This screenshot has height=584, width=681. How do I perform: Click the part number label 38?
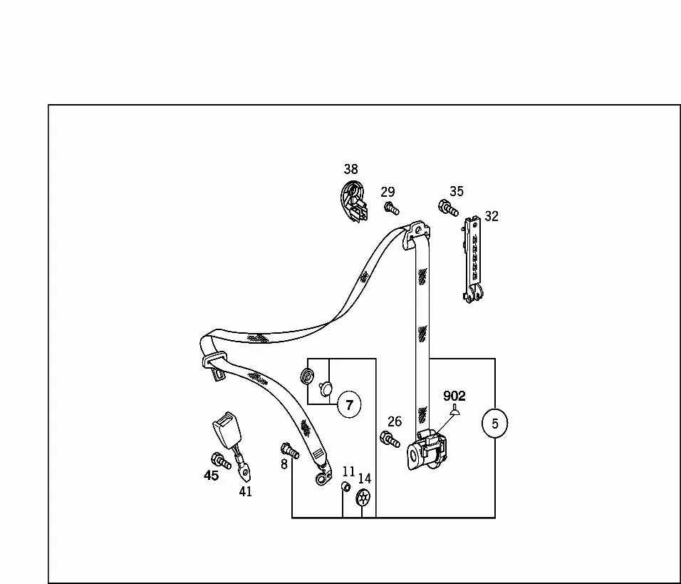click(351, 169)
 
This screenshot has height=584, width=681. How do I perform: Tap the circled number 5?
click(494, 423)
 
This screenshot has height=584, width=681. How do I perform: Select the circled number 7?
click(349, 405)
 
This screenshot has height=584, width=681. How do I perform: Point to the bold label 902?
click(454, 396)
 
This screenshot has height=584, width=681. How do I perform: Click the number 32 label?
click(492, 216)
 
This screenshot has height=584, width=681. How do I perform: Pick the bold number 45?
click(211, 476)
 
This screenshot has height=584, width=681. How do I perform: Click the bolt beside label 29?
click(391, 208)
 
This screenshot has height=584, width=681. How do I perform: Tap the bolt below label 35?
click(448, 208)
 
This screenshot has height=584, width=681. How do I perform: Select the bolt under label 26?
click(390, 439)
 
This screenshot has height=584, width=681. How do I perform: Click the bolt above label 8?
click(290, 451)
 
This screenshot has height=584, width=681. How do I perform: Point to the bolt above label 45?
click(221, 461)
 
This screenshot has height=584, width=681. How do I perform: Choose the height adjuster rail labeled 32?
click(473, 259)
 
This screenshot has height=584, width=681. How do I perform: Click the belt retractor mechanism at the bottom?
click(427, 450)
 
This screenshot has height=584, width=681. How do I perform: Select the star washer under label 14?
click(363, 498)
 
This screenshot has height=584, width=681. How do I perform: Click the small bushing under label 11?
click(345, 486)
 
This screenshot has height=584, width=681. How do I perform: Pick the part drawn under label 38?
click(353, 202)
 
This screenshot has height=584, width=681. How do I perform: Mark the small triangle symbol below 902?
click(454, 409)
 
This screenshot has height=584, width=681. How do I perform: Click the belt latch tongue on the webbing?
click(215, 365)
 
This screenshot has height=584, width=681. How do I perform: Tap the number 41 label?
click(245, 492)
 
